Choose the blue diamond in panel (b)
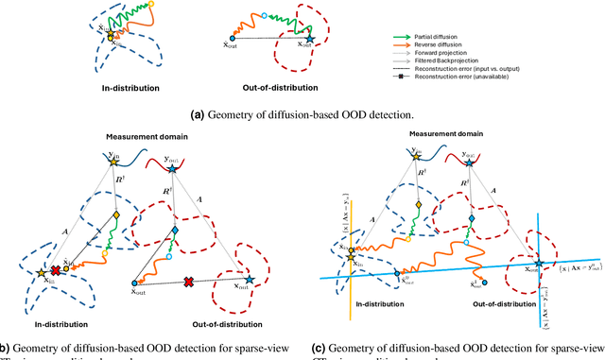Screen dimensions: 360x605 pos(175,231)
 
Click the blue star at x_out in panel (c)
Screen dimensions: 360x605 pos(539,264)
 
